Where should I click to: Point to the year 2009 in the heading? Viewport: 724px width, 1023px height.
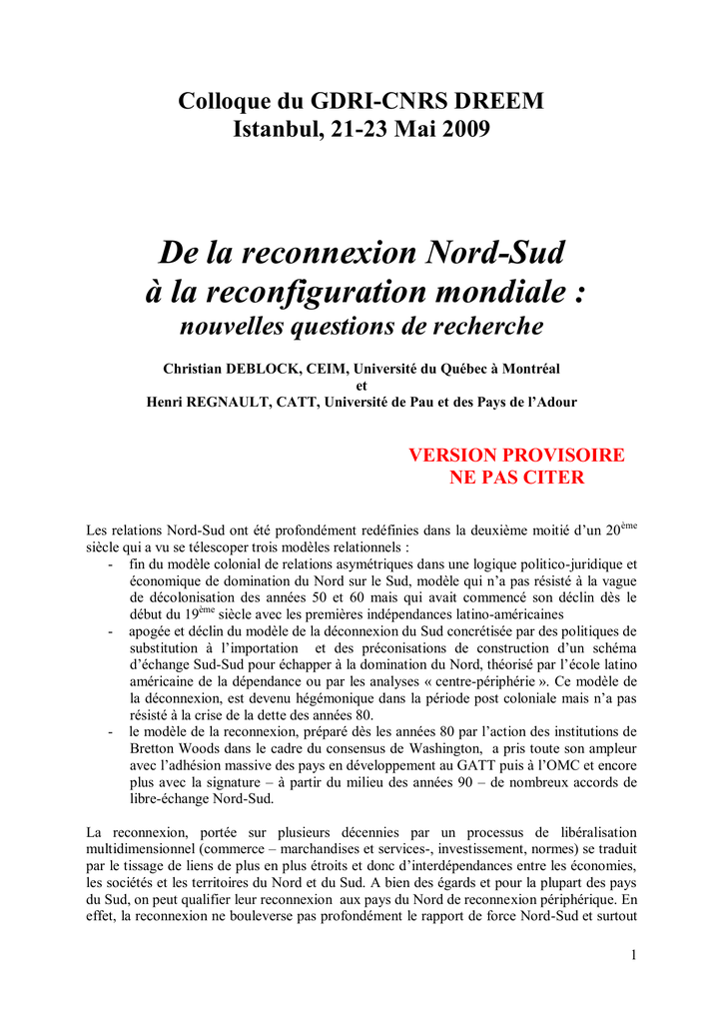461,129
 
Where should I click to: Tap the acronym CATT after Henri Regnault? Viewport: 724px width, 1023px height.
338,402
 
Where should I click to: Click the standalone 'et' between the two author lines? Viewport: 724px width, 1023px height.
362,386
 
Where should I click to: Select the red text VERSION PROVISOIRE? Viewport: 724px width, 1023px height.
516,456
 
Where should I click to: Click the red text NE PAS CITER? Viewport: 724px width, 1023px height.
516,478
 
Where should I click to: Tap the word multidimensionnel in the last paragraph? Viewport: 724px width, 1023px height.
145,849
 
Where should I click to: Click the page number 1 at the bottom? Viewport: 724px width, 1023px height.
633,956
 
